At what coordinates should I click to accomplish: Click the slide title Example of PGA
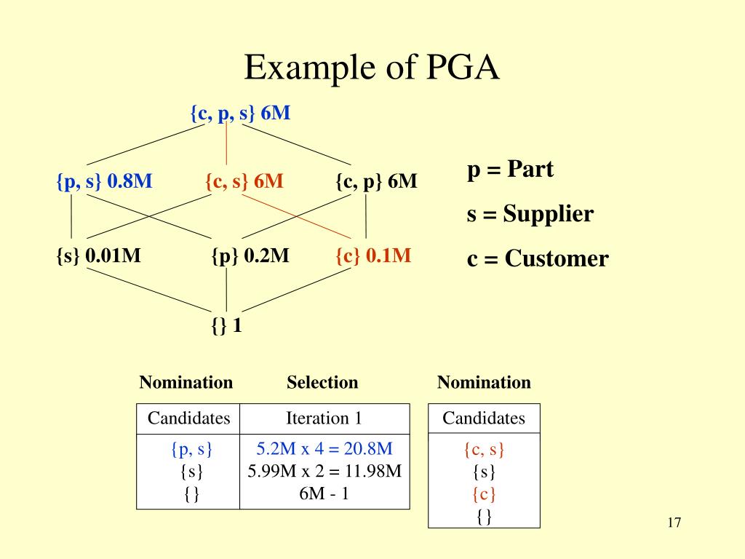coord(372,68)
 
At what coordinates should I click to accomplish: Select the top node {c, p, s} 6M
coord(240,114)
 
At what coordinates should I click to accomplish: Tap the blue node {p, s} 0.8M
coord(104,181)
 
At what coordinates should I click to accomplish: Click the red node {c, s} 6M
coord(244,181)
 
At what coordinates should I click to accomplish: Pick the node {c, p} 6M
coord(376,181)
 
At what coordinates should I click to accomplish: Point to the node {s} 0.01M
coord(98,256)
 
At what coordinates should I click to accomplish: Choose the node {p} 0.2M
coord(250,256)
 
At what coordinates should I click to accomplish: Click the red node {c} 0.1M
coord(373,256)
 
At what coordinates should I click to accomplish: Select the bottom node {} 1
coord(226,326)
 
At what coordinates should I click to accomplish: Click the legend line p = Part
coord(510,170)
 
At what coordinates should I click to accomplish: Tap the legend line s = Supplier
coord(530,214)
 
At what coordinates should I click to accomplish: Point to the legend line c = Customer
coord(538,258)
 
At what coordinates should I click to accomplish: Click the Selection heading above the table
coord(322,383)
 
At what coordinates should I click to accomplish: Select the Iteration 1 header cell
coord(324,419)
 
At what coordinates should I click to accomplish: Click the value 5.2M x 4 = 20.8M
coord(324,449)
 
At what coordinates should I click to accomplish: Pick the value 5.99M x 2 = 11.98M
coord(324,471)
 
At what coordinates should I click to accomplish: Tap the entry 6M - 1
coord(324,493)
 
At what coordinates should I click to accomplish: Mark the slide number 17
coord(673,523)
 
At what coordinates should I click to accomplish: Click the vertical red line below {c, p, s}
coord(227,144)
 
